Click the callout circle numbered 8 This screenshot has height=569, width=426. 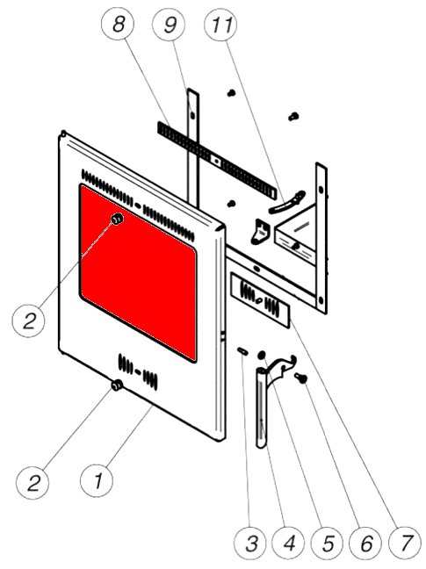coord(118,24)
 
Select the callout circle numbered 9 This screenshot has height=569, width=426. coord(170,24)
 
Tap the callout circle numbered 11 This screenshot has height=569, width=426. coord(220,24)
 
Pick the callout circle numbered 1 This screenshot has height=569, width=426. coord(97,481)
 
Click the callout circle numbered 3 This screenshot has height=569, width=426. coord(250,544)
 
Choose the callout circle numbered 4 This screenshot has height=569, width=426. coord(289,544)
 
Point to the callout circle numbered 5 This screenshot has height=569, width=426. coord(328,544)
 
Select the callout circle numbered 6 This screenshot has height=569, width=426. coord(366,544)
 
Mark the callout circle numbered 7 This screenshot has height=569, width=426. coord(405,544)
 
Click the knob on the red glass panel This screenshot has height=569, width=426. coord(117,219)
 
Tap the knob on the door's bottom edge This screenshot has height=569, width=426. coord(117,385)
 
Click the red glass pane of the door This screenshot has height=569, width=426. coord(138,272)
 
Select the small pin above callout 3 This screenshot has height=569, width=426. coord(242,351)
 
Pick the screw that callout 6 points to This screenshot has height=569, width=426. coord(301,378)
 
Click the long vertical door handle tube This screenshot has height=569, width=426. coord(261,408)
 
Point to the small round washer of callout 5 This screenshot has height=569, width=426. coord(261,355)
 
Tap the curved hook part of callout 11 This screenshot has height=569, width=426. coord(287,203)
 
